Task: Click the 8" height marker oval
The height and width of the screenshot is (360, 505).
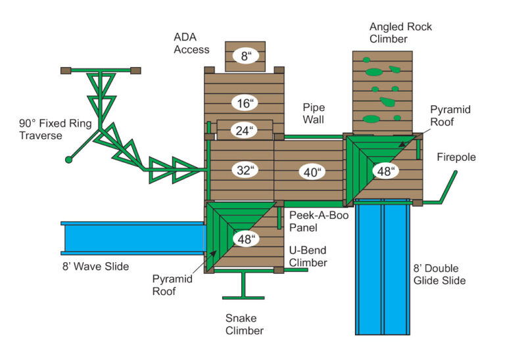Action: (245, 56)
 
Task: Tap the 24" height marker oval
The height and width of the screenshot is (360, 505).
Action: (244, 131)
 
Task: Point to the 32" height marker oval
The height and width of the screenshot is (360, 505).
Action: (245, 170)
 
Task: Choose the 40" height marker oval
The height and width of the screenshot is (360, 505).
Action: (312, 172)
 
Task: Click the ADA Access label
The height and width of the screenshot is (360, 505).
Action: (192, 43)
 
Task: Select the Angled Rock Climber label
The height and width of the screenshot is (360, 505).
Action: (400, 33)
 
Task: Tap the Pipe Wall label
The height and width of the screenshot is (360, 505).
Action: (314, 113)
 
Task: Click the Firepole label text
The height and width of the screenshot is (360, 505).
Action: (456, 158)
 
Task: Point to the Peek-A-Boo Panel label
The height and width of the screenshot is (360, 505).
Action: (312, 221)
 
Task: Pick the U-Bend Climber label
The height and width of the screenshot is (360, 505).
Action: (309, 257)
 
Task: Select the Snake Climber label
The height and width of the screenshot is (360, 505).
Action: (245, 324)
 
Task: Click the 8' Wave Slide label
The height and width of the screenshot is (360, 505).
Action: (92, 266)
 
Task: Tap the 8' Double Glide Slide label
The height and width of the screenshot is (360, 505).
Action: (440, 275)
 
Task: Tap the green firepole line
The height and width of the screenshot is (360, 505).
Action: (448, 186)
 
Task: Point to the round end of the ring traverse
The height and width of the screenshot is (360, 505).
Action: (68, 160)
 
